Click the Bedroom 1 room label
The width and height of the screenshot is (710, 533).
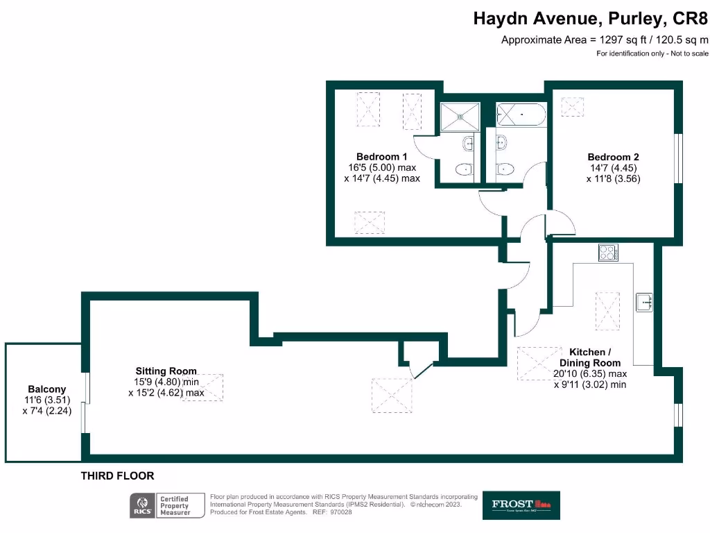pos(378,157)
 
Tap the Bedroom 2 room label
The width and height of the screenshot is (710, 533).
pos(609,157)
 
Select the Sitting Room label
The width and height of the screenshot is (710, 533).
pos(166,371)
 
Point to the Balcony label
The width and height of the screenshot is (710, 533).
pos(47,389)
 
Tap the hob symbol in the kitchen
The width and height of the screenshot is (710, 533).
pos(608,253)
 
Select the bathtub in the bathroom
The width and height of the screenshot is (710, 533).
pos(521,115)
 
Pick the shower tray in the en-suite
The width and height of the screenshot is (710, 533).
pos(458,115)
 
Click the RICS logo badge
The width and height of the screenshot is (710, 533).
pos(143,505)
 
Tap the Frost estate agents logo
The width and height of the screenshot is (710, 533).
pos(521,505)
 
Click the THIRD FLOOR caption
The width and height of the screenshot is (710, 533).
pos(117,476)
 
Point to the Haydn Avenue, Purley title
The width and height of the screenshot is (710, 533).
pos(590,19)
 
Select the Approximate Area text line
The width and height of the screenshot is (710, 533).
pos(605,40)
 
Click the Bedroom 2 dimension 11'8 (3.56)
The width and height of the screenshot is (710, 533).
pos(614,178)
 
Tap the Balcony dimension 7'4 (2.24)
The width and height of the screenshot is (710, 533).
pos(47,410)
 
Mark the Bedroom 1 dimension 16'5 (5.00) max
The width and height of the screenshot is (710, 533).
pos(382,167)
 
